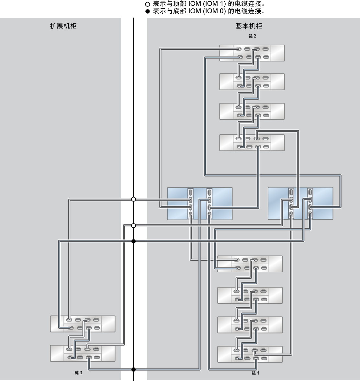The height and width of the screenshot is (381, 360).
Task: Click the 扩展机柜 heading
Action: [63, 26]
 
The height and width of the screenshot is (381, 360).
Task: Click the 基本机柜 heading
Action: [249, 26]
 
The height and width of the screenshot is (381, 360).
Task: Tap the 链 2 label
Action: [252, 36]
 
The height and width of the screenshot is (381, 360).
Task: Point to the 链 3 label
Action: [78, 373]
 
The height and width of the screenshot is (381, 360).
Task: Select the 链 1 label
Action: [255, 373]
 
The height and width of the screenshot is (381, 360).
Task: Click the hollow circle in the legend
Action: [147, 4]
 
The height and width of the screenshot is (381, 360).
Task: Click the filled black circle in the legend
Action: [147, 11]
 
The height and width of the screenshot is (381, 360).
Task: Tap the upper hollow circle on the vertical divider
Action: [133, 199]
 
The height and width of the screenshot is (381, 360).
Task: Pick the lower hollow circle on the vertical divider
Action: [133, 226]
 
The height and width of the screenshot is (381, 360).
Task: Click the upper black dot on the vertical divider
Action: [133, 241]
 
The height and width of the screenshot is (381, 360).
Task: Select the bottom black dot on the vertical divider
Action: [133, 370]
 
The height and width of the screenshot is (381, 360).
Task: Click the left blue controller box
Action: [200, 204]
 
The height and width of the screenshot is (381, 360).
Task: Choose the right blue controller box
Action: [300, 203]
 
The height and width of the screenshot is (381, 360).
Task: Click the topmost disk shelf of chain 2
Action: [252, 53]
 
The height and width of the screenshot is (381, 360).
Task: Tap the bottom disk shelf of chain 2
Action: [252, 143]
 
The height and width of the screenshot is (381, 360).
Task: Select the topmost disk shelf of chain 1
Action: [250, 264]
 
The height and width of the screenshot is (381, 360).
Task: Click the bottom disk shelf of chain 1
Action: [250, 354]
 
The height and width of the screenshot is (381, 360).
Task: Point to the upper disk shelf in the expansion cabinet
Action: [83, 324]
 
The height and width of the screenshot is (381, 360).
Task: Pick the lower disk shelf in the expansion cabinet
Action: [83, 353]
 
